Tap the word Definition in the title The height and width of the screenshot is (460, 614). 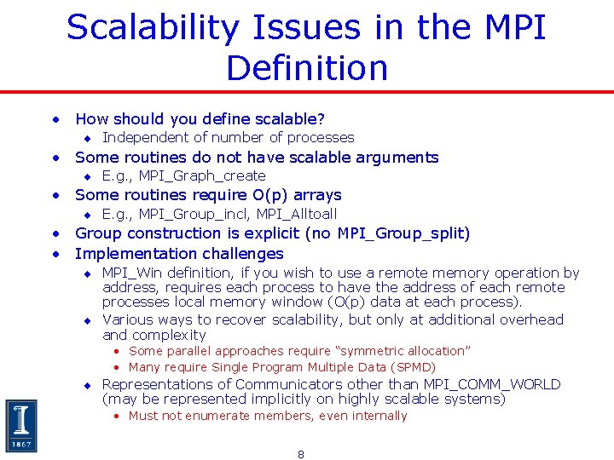click(306, 68)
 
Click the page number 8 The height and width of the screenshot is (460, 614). click(300, 454)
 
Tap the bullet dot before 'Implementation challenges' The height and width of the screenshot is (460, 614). click(55, 254)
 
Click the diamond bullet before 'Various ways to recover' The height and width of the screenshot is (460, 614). click(86, 320)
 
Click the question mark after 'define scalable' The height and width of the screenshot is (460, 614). click(321, 119)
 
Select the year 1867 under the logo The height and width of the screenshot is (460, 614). click(21, 444)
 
